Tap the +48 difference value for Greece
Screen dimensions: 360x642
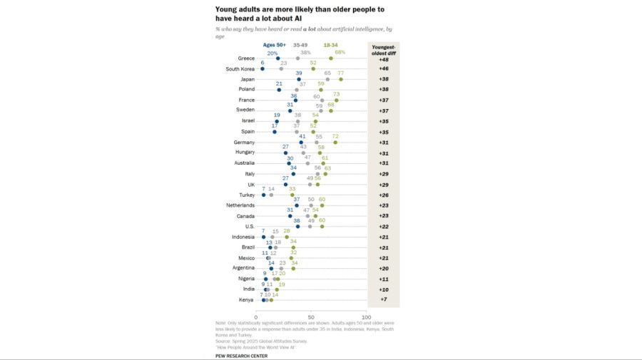click(383, 58)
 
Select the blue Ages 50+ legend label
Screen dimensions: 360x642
click(274, 44)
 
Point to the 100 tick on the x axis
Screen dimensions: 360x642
click(366, 317)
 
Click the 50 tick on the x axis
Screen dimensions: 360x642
click(311, 317)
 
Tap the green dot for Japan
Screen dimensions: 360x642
click(341, 79)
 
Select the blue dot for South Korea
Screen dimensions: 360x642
click(263, 68)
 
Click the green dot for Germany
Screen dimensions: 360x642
click(335, 142)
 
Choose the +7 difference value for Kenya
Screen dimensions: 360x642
click(383, 300)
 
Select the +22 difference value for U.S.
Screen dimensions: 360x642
click(383, 226)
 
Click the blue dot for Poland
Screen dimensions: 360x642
click(279, 90)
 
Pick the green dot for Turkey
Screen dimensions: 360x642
click(292, 195)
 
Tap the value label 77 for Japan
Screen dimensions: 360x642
click(341, 73)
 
